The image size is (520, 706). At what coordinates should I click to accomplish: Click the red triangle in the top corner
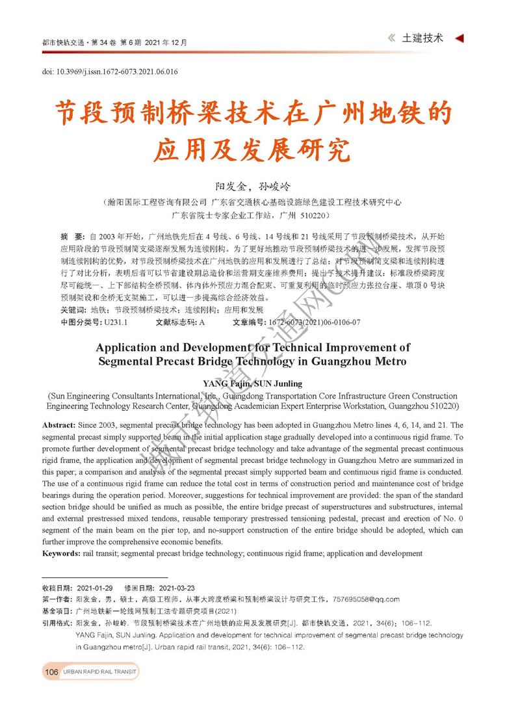pyautogui.click(x=459, y=38)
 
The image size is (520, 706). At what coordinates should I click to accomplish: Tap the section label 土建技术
pyautogui.click(x=422, y=38)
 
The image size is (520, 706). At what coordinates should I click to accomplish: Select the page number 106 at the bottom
pyautogui.click(x=51, y=672)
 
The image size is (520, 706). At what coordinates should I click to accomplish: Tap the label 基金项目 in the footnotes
pyautogui.click(x=57, y=611)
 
